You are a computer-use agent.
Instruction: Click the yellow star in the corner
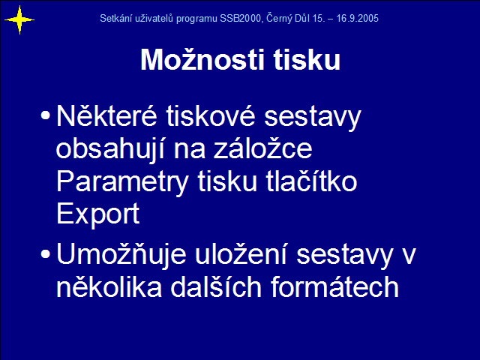pos(19,20)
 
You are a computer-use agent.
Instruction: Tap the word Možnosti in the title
pos(202,59)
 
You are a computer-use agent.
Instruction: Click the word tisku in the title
pos(307,59)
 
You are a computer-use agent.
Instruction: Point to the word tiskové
pos(211,116)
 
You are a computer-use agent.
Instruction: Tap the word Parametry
pos(122,182)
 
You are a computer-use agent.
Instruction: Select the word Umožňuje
pos(121,255)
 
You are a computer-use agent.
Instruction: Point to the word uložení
pos(241,254)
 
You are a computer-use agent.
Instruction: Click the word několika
pos(109,286)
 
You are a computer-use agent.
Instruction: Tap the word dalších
pos(216,286)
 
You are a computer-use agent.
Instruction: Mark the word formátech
pos(335,286)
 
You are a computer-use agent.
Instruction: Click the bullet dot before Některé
pos(45,115)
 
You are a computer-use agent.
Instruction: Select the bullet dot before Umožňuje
pos(45,253)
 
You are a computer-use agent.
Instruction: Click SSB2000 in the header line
pos(240,18)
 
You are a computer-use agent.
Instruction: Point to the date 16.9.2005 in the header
pos(357,18)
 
